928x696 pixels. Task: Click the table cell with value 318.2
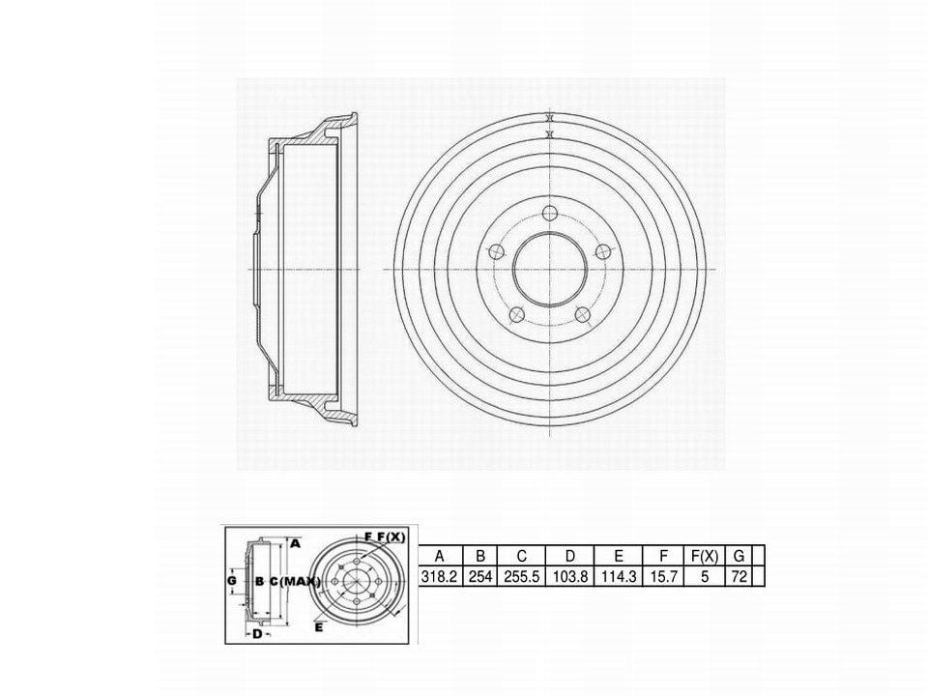(x=439, y=576)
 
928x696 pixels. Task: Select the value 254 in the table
(x=480, y=576)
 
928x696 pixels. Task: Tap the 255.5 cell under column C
(x=521, y=576)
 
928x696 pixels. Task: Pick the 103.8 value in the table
(x=570, y=576)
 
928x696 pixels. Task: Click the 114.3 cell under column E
(x=619, y=576)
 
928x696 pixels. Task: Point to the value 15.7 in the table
(x=663, y=576)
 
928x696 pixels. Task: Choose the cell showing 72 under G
(x=739, y=576)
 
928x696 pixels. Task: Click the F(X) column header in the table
(x=705, y=556)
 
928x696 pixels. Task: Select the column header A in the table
(x=439, y=556)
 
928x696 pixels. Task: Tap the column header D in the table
(x=570, y=556)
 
